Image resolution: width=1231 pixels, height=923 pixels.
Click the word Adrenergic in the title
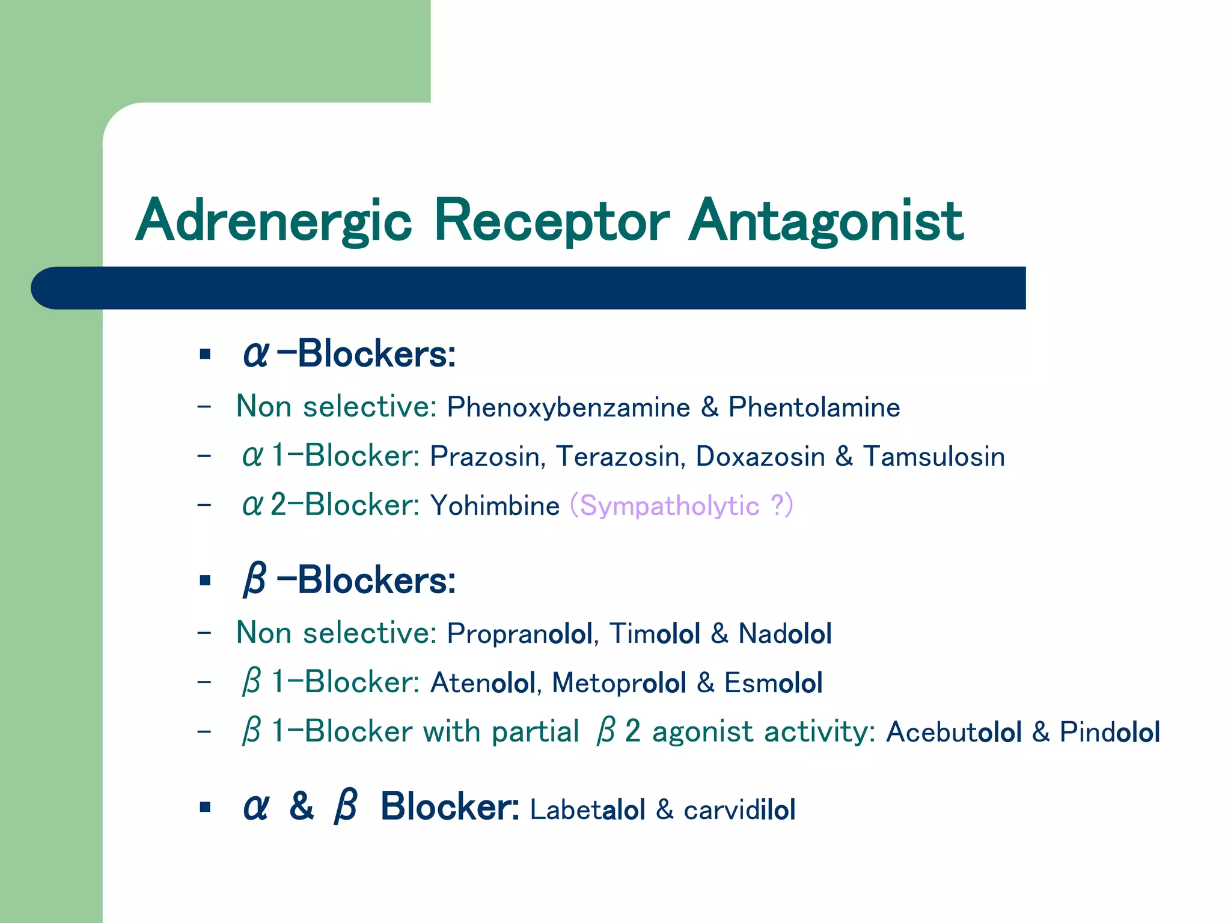pyautogui.click(x=273, y=221)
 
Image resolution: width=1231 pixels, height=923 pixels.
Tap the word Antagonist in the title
pyautogui.click(x=826, y=221)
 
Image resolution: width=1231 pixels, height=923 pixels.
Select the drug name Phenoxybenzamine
pyautogui.click(x=568, y=407)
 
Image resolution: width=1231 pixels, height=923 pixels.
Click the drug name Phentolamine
pyautogui.click(x=814, y=407)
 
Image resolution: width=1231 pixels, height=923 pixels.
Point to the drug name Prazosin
pyautogui.click(x=487, y=457)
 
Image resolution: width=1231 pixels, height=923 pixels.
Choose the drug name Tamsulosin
pyautogui.click(x=934, y=457)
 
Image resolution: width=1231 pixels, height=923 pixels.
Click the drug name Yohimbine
pyautogui.click(x=495, y=506)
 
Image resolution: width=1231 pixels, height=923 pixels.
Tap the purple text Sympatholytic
pyautogui.click(x=669, y=506)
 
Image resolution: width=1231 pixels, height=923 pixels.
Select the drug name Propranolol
pyautogui.click(x=519, y=634)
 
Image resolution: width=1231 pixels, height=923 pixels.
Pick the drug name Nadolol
pyautogui.click(x=785, y=634)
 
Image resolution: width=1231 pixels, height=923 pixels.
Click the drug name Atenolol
pyautogui.click(x=482, y=683)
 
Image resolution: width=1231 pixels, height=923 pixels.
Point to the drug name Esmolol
pyautogui.click(x=773, y=683)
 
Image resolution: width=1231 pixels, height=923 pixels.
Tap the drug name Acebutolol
pyautogui.click(x=953, y=733)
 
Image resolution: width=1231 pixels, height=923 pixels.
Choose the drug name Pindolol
pyautogui.click(x=1109, y=733)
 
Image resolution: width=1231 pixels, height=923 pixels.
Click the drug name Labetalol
pyautogui.click(x=587, y=810)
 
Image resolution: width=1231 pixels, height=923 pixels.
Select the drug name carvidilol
pyautogui.click(x=739, y=810)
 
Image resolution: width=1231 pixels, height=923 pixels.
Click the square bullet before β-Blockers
pyautogui.click(x=205, y=580)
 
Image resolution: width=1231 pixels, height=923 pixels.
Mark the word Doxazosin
pyautogui.click(x=760, y=457)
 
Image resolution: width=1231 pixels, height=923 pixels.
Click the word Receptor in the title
pyautogui.click(x=551, y=221)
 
